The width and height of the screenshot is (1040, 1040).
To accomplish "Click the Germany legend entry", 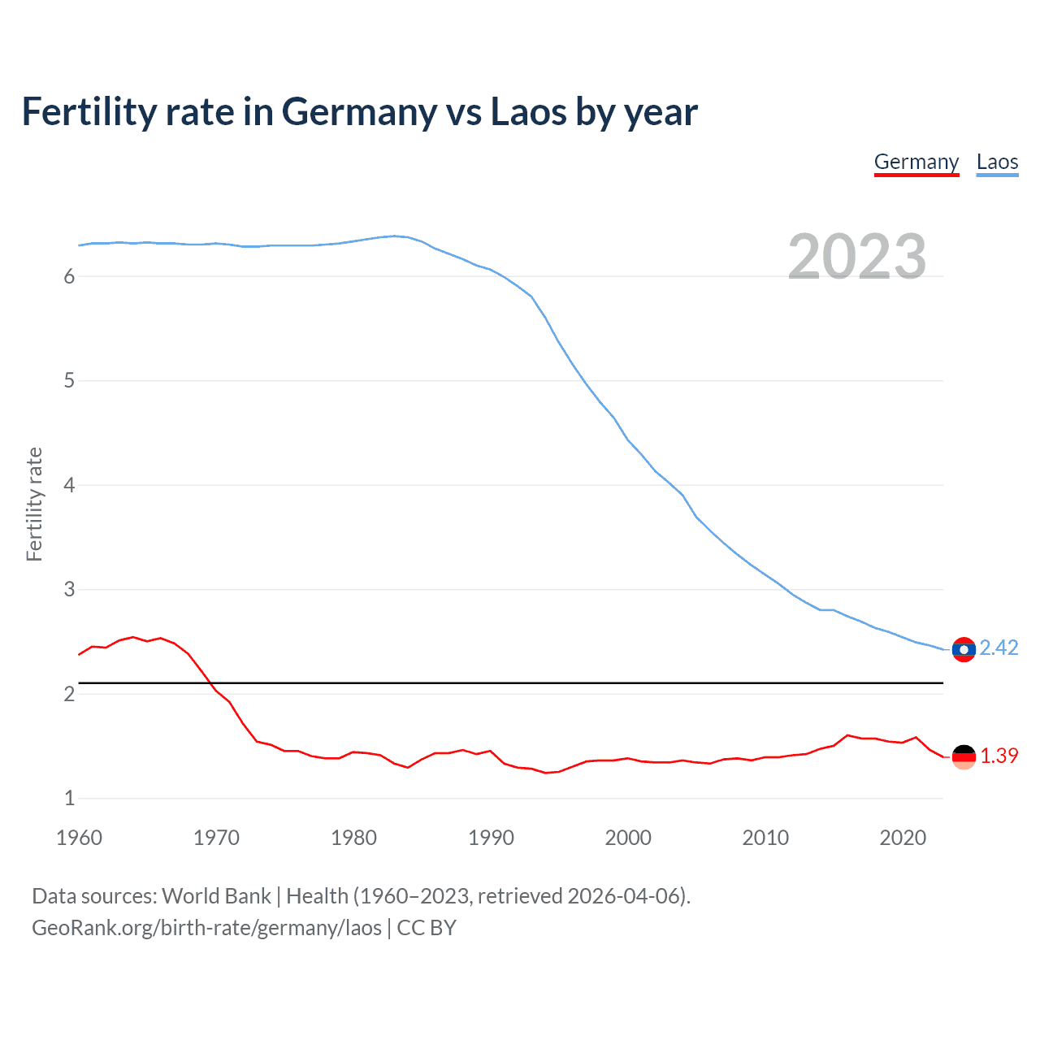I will click(x=916, y=162).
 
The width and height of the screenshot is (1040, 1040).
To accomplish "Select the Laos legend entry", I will click(x=997, y=162).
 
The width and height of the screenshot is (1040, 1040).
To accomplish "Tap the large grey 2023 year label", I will click(x=856, y=257).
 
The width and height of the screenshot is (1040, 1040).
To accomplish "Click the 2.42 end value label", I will click(x=999, y=648).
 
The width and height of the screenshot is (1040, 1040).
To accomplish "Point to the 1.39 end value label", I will click(x=999, y=756).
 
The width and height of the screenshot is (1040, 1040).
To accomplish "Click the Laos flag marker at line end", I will click(x=964, y=649).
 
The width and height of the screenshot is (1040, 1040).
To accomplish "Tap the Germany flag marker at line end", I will click(x=964, y=756).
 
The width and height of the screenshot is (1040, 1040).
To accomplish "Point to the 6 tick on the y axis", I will click(x=69, y=276).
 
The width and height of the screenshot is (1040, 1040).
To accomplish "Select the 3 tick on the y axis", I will click(x=69, y=589).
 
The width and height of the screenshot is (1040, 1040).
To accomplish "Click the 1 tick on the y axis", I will click(x=69, y=798).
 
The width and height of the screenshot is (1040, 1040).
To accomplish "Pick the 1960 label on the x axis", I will click(x=79, y=838).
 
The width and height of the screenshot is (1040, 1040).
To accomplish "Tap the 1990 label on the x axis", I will click(x=491, y=838).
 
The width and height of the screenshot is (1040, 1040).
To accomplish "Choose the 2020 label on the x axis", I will click(x=903, y=838).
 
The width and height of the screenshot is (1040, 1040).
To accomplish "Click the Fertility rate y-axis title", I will click(x=34, y=504).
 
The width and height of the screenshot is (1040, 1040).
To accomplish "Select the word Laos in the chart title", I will click(x=528, y=112).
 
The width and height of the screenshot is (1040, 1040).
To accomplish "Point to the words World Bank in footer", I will click(x=216, y=896).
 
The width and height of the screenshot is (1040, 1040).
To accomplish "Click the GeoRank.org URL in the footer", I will click(x=206, y=928).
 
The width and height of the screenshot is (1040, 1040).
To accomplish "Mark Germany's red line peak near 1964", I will click(x=133, y=637).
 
